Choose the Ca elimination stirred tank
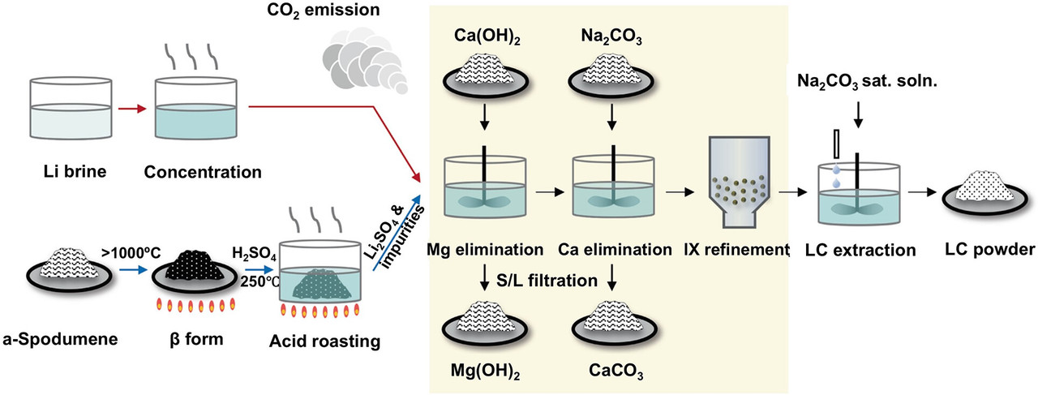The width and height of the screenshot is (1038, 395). point(614,188)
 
